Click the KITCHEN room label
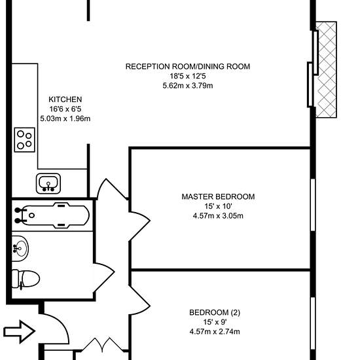pos(65,99)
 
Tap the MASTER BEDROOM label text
pos(218,197)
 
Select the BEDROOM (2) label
pos(215,312)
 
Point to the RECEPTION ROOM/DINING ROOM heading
pos(188,67)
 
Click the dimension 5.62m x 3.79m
pos(188,86)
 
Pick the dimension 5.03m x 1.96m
pos(65,118)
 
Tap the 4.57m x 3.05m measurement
pos(218,216)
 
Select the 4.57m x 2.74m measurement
pos(215,332)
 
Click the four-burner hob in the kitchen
pos(25,140)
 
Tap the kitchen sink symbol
pos(48,183)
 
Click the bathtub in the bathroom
pos(52,215)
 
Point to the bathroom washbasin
pos(20,249)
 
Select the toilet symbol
pos(26,279)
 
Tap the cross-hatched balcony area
pos(326,69)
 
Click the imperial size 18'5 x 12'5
pos(188,76)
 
